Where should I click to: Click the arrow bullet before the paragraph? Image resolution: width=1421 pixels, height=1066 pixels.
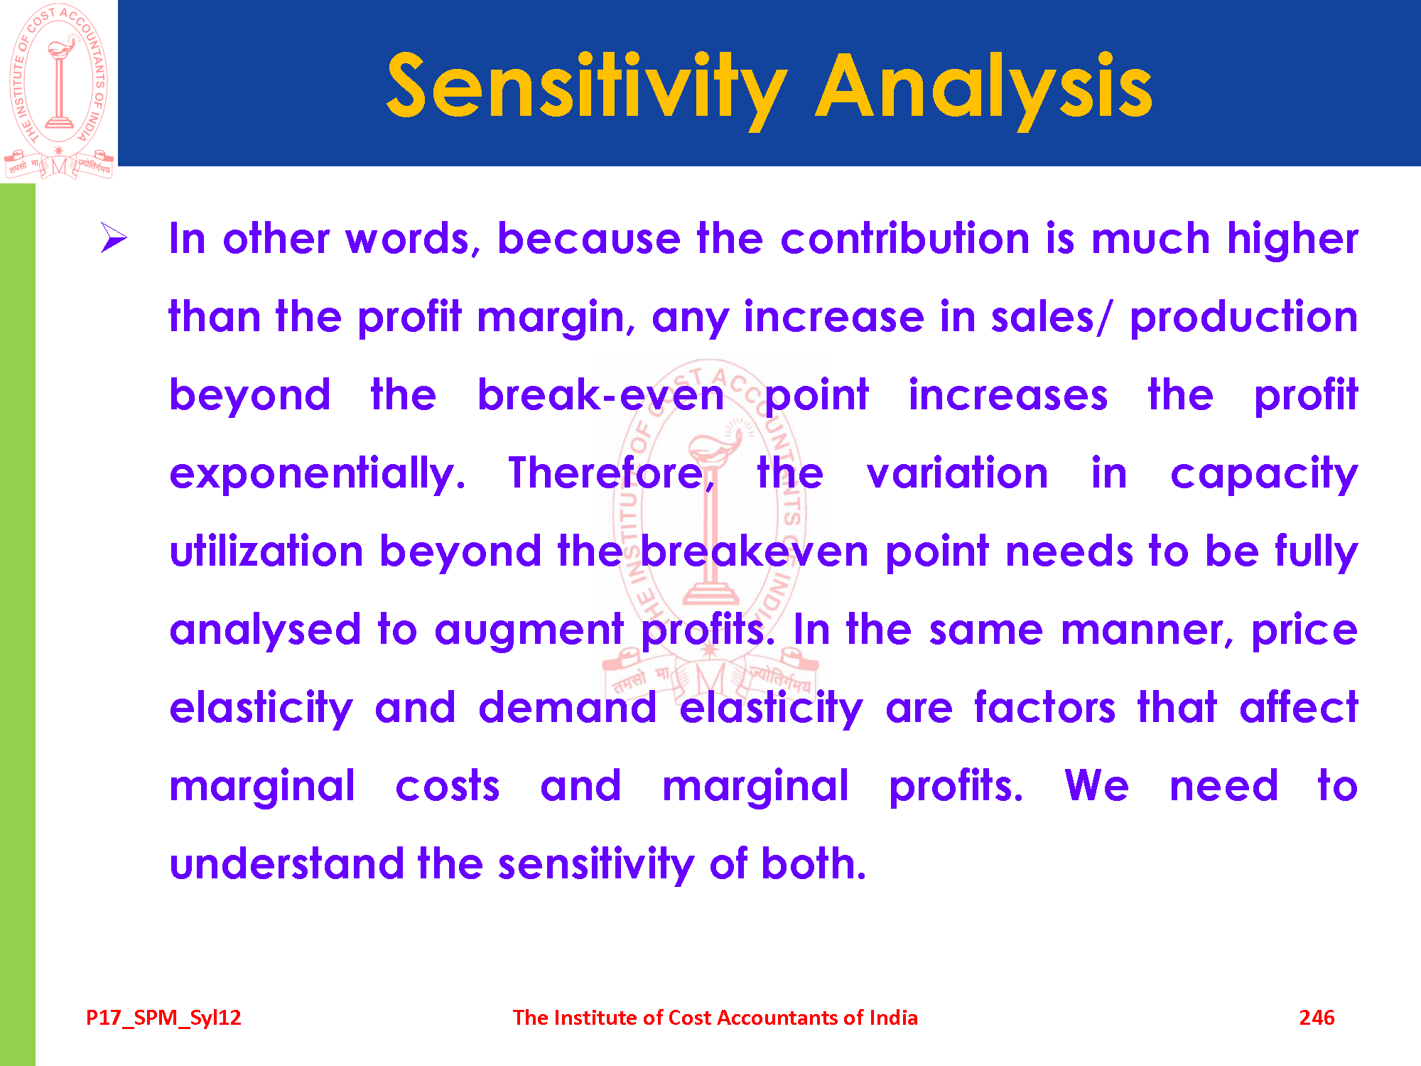(114, 237)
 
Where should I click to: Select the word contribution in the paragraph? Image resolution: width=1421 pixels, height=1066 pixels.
(904, 238)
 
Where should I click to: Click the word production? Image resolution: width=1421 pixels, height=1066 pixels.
(1243, 316)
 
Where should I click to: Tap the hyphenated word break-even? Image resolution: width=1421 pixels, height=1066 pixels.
(600, 394)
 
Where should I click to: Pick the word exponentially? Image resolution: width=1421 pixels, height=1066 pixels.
(318, 473)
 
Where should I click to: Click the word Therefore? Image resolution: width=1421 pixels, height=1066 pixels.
(612, 473)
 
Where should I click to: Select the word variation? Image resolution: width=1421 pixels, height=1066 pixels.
(957, 473)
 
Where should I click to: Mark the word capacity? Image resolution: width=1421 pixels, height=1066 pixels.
(1264, 474)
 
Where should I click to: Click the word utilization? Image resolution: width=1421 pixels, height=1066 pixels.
(266, 551)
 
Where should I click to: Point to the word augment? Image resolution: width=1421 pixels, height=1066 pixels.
(529, 630)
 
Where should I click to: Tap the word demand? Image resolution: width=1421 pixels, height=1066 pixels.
(567, 707)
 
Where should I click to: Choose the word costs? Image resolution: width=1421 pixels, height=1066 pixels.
(448, 785)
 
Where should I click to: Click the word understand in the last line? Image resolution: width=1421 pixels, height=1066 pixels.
(286, 863)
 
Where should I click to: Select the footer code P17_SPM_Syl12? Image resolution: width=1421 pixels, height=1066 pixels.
(163, 1018)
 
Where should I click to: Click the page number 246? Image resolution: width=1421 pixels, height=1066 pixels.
(1317, 1018)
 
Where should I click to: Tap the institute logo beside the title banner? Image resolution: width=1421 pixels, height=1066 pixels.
(59, 91)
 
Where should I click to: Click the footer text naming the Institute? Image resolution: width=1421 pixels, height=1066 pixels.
(715, 1018)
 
